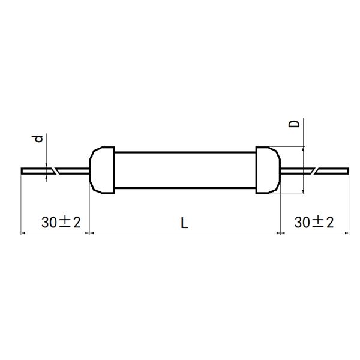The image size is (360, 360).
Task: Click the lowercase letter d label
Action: point(38,139)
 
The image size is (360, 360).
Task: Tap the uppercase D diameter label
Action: point(295,124)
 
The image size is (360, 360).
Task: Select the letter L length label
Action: point(185,223)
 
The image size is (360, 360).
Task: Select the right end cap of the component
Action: point(267,170)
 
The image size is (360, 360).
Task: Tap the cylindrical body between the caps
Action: point(185,170)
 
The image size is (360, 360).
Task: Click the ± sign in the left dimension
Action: point(64,223)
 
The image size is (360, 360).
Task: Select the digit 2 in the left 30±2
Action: point(76,223)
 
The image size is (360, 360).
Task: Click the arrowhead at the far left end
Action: point(23,233)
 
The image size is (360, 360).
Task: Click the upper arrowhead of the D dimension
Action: point(304,150)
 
